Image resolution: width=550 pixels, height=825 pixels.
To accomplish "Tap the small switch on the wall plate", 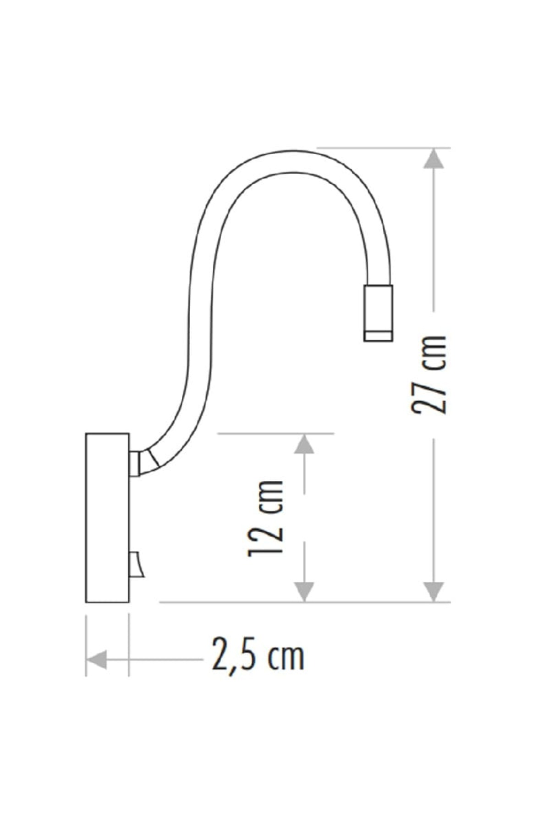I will tap(136, 565).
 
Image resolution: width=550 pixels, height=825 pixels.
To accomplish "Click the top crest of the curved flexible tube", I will tap(293, 161).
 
